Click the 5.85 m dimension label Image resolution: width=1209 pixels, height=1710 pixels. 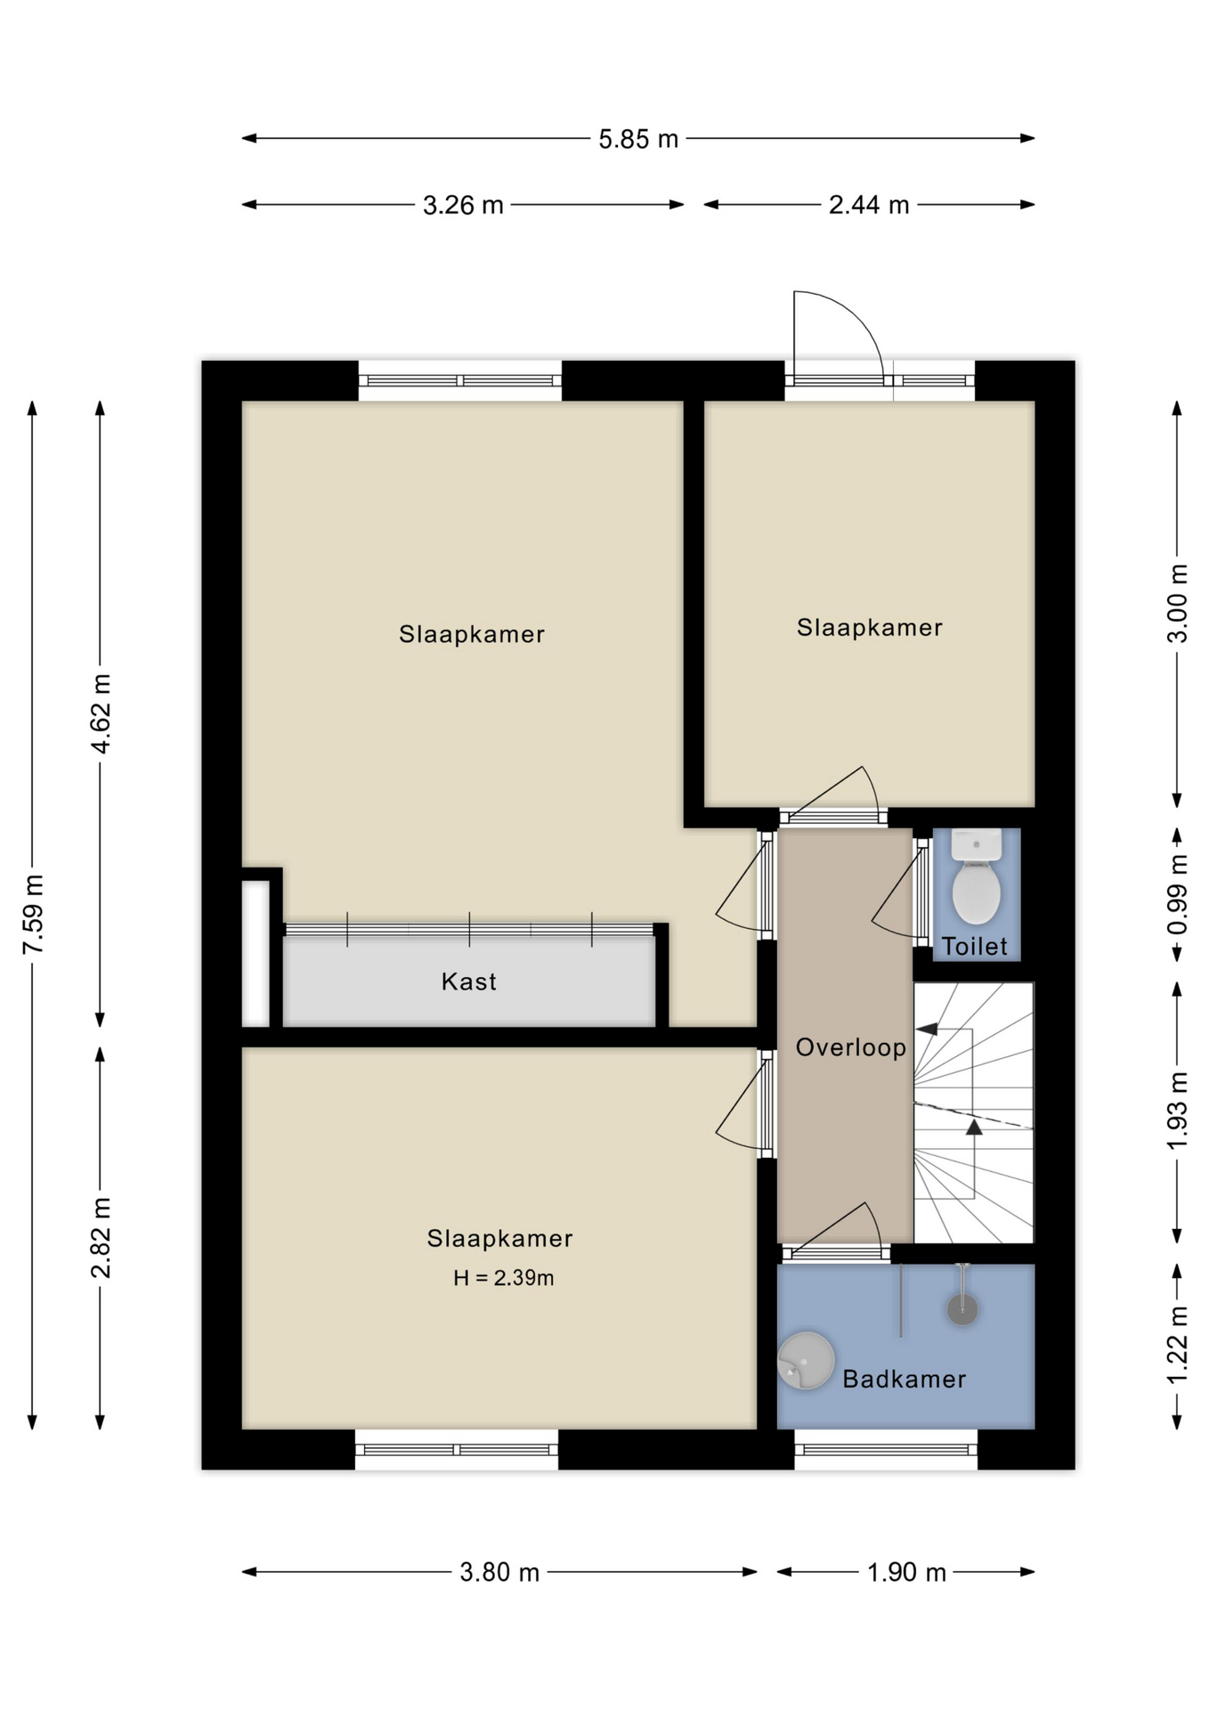pos(637,139)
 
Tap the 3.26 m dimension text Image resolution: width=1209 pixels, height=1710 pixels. pos(463,206)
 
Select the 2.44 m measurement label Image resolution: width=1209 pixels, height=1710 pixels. pos(869,206)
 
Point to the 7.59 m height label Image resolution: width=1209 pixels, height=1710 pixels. pos(33,914)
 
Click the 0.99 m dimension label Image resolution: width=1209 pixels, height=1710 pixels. pos(1178,894)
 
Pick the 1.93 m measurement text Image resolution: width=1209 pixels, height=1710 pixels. pos(1178,1111)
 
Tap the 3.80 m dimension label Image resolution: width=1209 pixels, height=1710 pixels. pos(499,1572)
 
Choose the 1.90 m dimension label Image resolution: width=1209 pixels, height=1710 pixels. pos(906,1572)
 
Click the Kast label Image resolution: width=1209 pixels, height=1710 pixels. pos(468,981)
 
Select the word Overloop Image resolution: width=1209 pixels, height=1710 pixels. pos(850,1047)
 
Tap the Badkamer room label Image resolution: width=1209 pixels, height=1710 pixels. pos(904,1379)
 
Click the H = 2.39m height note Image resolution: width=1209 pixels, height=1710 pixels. pos(503,1278)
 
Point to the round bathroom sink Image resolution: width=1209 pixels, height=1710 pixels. pos(806,1360)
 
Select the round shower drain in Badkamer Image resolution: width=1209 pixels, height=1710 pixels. pos(962,1309)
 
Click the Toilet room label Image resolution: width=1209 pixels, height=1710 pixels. pos(975,946)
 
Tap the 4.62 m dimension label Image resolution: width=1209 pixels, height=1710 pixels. pos(101,714)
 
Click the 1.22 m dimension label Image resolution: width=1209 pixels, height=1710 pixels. pos(1178,1345)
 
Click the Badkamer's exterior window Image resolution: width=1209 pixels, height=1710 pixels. pos(886,1449)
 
